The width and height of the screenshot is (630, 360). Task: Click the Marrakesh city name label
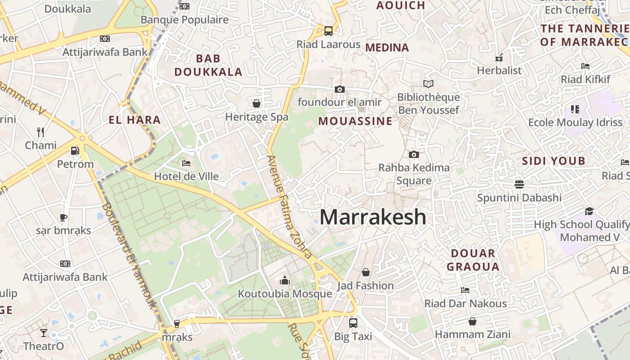tap(373, 217)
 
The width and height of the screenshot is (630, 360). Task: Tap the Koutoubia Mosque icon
tap(284, 281)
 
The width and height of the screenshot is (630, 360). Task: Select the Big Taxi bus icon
tap(353, 323)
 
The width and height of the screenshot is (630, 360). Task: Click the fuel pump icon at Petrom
tap(75, 151)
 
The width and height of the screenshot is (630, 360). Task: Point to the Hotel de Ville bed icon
tap(186, 163)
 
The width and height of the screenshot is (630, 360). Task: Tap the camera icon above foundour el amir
tap(340, 89)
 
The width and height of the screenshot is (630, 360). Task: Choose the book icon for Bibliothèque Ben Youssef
tap(428, 84)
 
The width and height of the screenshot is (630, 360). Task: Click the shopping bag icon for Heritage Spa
tap(256, 104)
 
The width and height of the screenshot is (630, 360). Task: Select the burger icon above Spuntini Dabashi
tap(519, 184)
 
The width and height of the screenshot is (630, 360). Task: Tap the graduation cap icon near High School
tap(589, 211)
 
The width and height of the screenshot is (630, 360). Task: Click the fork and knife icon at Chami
tap(40, 132)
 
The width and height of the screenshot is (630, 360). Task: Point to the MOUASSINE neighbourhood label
tap(355, 121)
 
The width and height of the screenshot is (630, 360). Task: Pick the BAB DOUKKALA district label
tap(208, 65)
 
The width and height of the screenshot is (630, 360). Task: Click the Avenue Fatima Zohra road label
tap(289, 207)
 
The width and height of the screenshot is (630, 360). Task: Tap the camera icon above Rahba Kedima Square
tap(414, 154)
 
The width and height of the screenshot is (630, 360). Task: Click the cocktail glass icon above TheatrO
tap(44, 333)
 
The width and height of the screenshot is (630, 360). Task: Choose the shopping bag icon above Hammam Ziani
tap(472, 321)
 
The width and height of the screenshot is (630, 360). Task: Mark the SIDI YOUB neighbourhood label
tap(553, 161)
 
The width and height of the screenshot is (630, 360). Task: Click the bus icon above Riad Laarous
tap(328, 31)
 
